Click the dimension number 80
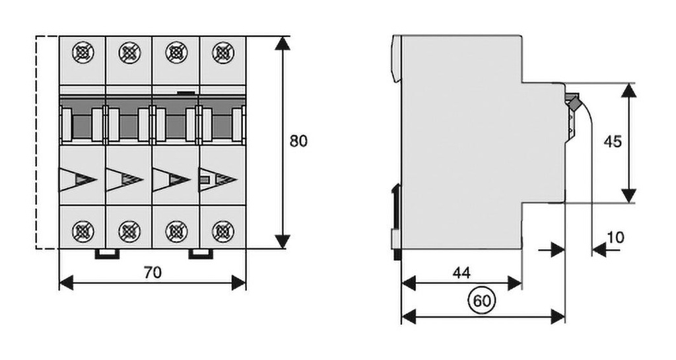click(299, 141)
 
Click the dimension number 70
click(152, 271)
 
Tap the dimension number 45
click(613, 141)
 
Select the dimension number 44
click(462, 271)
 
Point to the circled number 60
click(483, 301)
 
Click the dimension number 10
click(615, 236)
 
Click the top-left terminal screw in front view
click(83, 52)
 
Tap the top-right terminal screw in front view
click(222, 52)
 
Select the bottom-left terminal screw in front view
click(83, 231)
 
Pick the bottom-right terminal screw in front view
click(222, 231)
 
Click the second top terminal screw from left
click(129, 52)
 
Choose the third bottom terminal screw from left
click(176, 231)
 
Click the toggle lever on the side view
click(572, 102)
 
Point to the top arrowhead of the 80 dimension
click(282, 43)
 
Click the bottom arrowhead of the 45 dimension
click(629, 196)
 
